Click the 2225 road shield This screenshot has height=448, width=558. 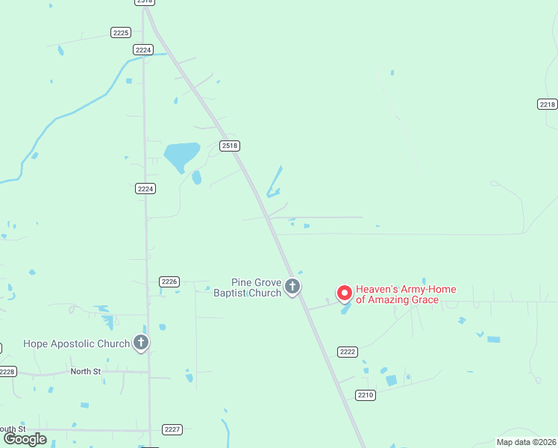(121, 32)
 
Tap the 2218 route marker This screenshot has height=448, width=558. (547, 104)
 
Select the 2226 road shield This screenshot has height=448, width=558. (169, 281)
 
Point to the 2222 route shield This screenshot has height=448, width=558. (348, 352)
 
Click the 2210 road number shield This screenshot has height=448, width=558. (365, 395)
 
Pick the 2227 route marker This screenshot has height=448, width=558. (172, 429)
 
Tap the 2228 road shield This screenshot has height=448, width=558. (7, 371)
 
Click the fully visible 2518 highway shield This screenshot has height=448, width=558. (230, 146)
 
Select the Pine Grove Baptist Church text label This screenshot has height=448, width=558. (256, 287)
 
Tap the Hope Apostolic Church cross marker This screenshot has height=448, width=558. (141, 343)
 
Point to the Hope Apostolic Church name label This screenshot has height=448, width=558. (76, 344)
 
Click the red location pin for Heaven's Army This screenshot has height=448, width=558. (345, 293)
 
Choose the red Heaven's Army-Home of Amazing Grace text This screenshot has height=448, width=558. (406, 295)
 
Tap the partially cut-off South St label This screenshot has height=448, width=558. (13, 429)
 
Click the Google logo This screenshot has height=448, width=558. (25, 439)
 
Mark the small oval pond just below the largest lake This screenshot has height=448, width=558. (196, 178)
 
